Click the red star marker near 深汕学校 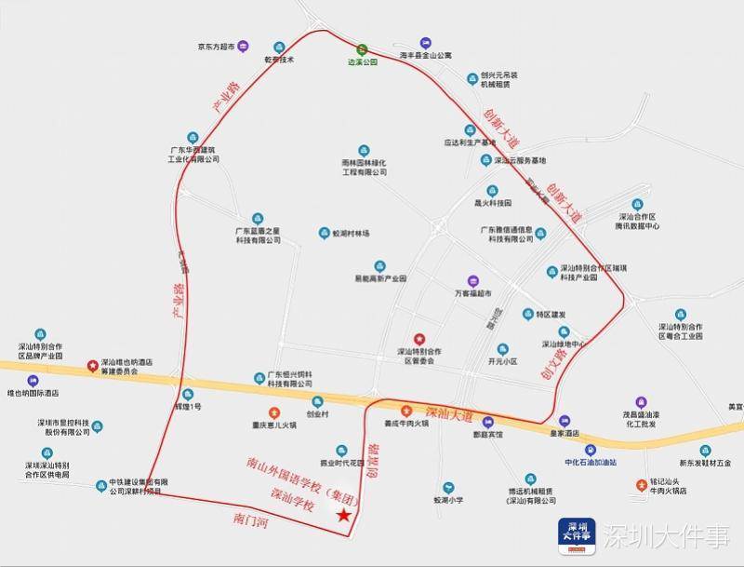click(344, 515)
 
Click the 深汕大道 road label click(448, 413)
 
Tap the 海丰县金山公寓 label click(425, 56)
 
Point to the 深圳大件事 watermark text click(665, 537)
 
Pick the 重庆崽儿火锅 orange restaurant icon click(273, 412)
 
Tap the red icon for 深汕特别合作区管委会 click(418, 339)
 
